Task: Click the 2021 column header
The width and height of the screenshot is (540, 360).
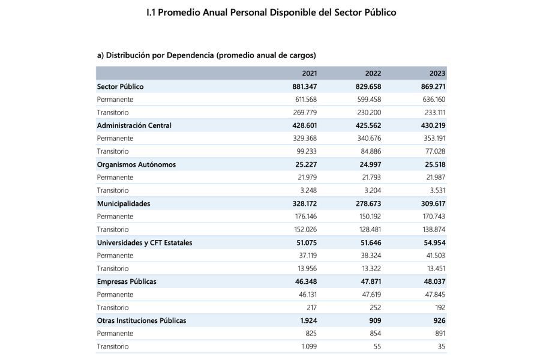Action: click(309, 73)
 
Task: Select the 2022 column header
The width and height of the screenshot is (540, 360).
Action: click(373, 73)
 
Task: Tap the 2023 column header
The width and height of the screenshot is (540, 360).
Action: click(437, 73)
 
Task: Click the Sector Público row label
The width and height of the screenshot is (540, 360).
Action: click(120, 86)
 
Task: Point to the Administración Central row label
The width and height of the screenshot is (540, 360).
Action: click(134, 125)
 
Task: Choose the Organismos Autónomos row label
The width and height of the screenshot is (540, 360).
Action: click(136, 164)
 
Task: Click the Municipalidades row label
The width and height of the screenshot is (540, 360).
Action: click(124, 203)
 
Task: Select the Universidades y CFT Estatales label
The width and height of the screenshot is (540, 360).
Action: click(145, 242)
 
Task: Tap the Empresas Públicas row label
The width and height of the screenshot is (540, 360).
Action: click(127, 281)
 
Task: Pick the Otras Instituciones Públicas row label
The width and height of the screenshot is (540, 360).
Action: click(142, 320)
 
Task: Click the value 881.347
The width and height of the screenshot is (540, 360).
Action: click(304, 86)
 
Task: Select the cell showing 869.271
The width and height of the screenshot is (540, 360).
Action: click(433, 86)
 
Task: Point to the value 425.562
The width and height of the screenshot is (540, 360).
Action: click(368, 125)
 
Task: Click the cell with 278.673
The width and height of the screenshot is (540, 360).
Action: click(368, 203)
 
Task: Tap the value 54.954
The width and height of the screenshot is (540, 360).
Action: click(434, 242)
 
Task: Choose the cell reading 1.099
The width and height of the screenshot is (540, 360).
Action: click(309, 346)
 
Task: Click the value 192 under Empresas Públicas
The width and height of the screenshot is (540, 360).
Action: click(440, 307)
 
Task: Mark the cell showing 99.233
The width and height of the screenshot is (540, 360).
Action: click(307, 151)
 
